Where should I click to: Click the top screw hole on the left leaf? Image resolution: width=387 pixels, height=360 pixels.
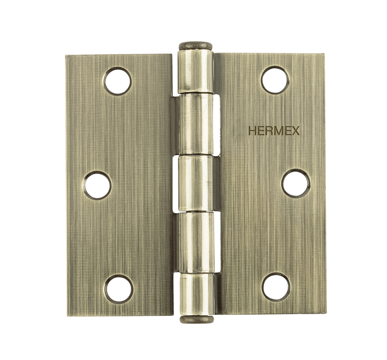coord(117,81)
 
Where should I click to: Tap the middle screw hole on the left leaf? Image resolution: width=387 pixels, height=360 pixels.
coord(97,185)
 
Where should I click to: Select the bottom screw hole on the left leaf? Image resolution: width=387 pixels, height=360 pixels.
coord(119,289)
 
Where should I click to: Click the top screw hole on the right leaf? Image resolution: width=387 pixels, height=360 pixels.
coord(275,80)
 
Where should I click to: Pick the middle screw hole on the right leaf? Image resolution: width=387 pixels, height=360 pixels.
coord(296,183)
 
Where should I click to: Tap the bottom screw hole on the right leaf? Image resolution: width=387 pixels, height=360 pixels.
coord(276,287)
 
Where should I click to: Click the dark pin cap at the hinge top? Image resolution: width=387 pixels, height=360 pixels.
coord(195,46)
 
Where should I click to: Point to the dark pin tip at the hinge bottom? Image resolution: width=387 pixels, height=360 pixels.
coord(197,320)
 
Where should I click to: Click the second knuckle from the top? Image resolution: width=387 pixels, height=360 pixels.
coord(196,125)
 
